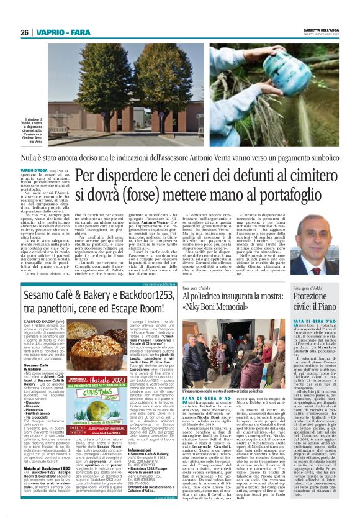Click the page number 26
pyautogui.click(x=24, y=32)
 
